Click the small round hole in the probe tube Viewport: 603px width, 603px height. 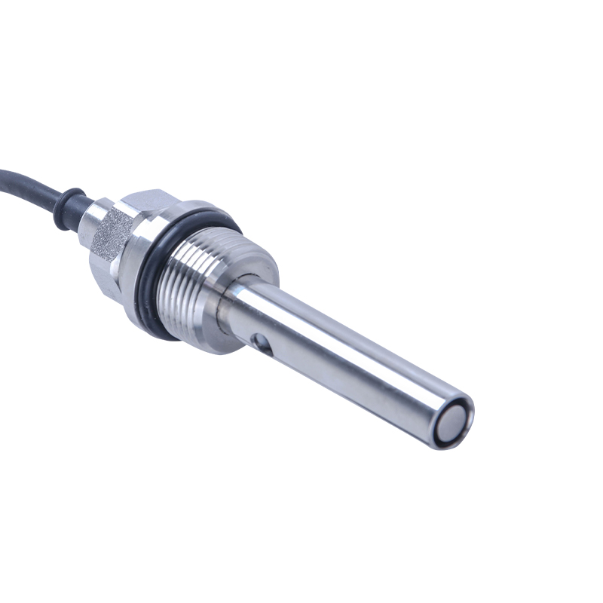(260, 344)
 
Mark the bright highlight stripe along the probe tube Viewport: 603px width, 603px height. (354, 332)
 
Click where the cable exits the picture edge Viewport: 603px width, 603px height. (2, 171)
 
